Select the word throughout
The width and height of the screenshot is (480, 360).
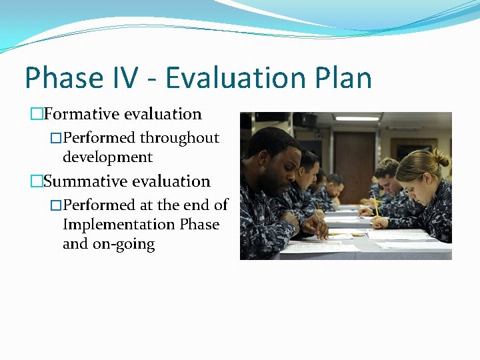[x=179, y=138]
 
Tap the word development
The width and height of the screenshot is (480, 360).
[x=107, y=157]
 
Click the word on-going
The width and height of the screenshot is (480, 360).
[x=127, y=244]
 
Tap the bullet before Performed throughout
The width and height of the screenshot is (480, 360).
[x=56, y=139]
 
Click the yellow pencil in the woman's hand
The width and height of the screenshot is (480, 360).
[x=375, y=206]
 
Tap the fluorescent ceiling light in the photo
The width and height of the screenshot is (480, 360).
[x=357, y=118]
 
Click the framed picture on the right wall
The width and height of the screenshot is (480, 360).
[x=405, y=148]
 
